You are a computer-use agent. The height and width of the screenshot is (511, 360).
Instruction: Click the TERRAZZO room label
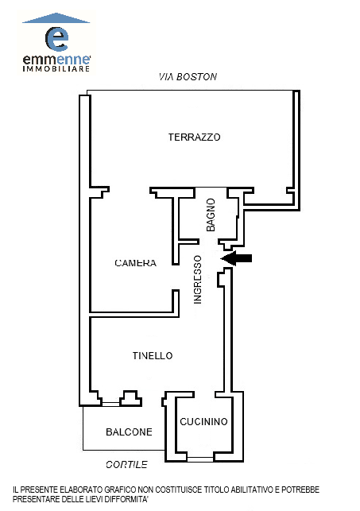194,137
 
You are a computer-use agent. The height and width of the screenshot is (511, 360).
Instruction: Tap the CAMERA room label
136,263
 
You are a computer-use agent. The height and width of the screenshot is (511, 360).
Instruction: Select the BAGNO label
211,215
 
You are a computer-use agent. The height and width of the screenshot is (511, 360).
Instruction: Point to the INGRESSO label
198,280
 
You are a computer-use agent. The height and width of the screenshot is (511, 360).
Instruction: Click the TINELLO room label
153,355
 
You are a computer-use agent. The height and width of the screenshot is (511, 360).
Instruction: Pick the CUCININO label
203,422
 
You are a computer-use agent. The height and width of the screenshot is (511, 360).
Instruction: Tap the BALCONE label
129,432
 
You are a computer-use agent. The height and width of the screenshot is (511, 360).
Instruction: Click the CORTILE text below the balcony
126,464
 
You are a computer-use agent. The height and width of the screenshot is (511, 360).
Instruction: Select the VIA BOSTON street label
188,77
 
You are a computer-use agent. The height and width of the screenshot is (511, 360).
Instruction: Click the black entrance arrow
237,258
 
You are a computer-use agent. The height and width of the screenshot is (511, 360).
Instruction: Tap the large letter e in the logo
56,39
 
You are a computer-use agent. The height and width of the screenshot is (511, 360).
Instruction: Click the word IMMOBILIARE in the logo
56,69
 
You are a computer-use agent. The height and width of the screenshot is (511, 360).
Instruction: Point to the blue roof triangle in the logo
56,18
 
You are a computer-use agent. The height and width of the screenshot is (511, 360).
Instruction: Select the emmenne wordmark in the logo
56,60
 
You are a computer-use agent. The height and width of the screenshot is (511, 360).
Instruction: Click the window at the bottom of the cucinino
200,459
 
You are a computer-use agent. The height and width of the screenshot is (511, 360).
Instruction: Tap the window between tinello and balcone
110,404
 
